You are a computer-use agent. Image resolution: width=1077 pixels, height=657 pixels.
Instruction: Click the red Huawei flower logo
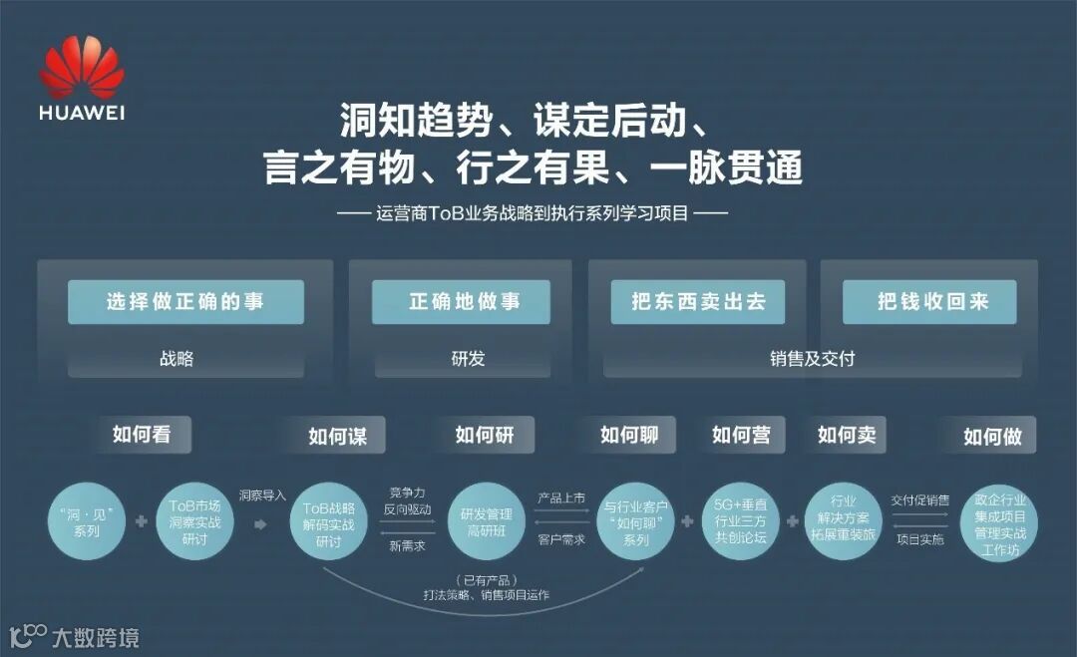tap(82, 68)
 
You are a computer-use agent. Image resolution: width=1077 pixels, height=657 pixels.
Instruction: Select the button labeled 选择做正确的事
tap(185, 302)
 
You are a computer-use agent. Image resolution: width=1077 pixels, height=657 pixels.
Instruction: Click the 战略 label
tap(177, 358)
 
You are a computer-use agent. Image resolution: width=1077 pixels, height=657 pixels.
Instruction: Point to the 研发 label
tap(467, 358)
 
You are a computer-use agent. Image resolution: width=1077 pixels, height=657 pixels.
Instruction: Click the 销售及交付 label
tap(812, 358)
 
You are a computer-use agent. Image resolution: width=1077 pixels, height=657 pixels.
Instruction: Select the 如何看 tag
tap(142, 435)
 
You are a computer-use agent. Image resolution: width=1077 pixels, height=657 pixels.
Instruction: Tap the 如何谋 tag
tap(337, 437)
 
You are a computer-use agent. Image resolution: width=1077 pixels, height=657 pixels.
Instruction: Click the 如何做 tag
tap(992, 437)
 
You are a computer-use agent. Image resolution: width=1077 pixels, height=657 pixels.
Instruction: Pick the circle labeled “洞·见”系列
tap(87, 521)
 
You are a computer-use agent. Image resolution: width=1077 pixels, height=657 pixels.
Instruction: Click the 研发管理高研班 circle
tap(486, 521)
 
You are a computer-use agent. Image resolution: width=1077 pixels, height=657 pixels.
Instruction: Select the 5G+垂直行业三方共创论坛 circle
tap(741, 521)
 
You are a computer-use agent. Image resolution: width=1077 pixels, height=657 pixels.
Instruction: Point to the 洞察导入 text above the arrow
tap(261, 494)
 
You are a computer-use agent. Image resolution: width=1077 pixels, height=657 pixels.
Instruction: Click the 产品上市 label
tap(561, 497)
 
